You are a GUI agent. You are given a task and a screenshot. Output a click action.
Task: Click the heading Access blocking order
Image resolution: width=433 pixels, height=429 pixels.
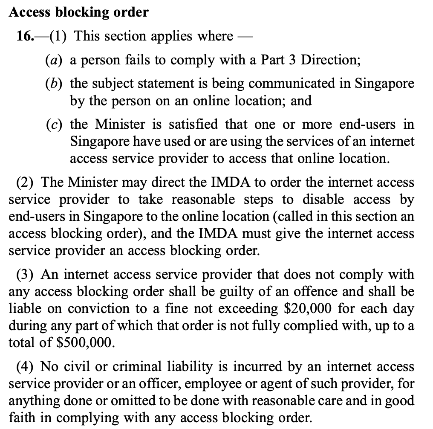click(x=78, y=12)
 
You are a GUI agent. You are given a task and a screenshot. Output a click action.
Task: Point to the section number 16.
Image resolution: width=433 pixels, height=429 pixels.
click(x=24, y=36)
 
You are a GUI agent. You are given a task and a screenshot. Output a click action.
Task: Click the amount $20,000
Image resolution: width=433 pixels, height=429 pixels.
click(x=306, y=308)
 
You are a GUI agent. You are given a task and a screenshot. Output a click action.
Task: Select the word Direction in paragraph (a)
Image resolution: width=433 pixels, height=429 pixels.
click(x=330, y=59)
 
